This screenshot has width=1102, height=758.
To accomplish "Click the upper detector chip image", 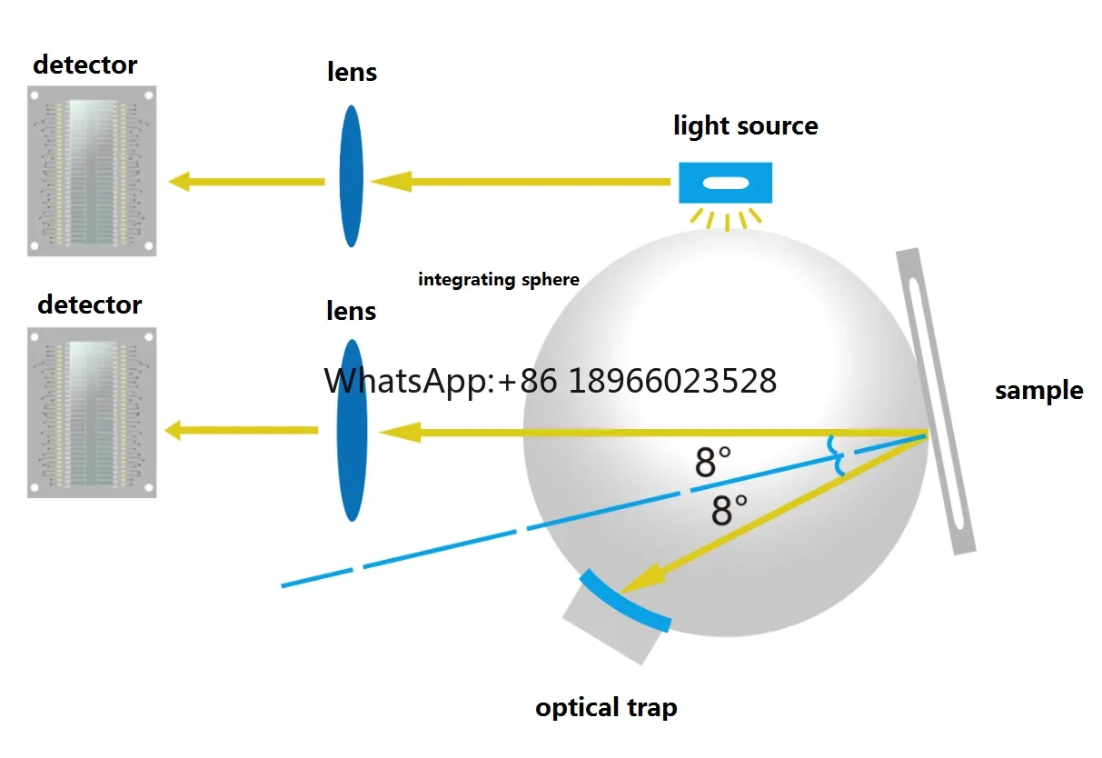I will point(92,171).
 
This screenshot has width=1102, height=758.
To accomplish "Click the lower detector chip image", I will point(92,412).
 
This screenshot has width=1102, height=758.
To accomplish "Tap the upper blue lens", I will point(352,176).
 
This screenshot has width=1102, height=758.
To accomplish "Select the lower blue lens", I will point(352,430).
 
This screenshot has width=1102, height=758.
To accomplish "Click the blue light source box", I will point(725,183).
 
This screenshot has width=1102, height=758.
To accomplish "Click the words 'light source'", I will point(745,125).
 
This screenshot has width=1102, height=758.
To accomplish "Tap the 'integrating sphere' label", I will point(498,280).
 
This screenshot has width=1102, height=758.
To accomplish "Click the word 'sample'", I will point(1038,391).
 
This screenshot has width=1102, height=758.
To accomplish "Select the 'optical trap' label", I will point(606,707).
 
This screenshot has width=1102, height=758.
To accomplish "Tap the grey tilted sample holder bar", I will point(936,400).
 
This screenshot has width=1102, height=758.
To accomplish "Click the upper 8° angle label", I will point(712,463).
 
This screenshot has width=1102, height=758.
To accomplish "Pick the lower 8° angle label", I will point(729,510).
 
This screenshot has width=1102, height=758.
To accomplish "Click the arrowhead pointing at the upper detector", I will point(180,182).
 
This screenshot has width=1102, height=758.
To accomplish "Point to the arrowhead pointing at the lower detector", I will point(175,430).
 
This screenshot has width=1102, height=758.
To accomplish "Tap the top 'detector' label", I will point(84,65).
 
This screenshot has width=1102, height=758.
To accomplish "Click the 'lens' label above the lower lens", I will point(352,311).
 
